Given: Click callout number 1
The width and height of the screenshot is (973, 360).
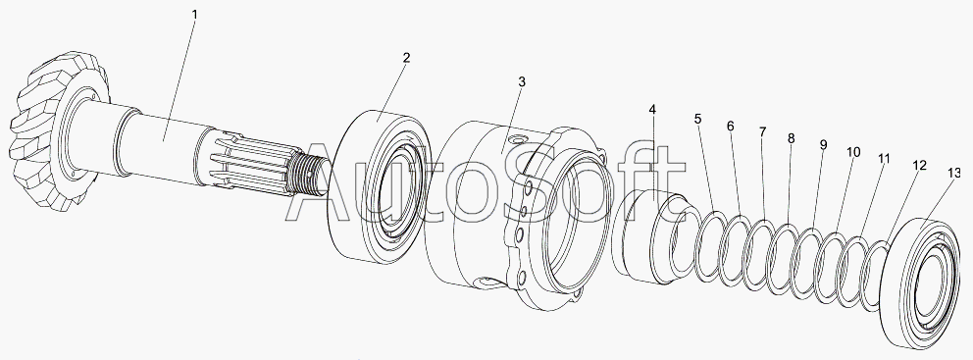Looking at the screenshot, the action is point(194,15).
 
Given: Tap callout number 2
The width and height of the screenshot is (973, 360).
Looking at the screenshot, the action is point(406,58).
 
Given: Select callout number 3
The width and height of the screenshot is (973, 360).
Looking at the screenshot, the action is point(522,81).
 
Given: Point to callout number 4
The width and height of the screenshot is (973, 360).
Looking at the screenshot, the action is point(652,110).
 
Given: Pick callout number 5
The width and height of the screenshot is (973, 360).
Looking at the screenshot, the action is point(698,119).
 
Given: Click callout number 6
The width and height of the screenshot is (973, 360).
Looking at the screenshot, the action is point(731,126).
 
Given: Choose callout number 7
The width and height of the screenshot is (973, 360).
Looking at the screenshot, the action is point(763,131).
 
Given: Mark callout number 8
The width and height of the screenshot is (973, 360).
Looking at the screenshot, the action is point(792,139).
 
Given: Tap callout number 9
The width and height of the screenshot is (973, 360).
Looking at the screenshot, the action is point(824,145).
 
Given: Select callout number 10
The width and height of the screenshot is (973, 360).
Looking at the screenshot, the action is point(853,152).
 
